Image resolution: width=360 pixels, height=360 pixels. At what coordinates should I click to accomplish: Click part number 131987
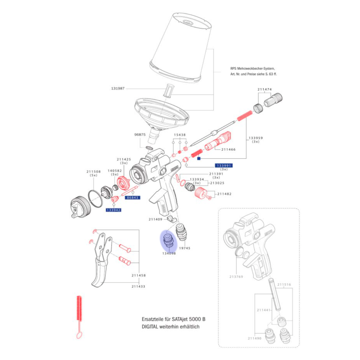click(x=118, y=88)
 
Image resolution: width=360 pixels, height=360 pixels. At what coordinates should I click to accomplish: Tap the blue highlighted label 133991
click(x=224, y=166)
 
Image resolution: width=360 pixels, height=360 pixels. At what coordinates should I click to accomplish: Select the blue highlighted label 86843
click(x=132, y=197)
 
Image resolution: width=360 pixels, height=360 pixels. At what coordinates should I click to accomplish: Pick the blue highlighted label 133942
click(x=113, y=210)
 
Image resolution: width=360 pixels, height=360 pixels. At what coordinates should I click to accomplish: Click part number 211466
click(x=229, y=149)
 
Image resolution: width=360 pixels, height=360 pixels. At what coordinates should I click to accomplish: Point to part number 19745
click(x=184, y=248)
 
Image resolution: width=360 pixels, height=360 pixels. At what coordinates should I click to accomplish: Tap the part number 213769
click(x=236, y=277)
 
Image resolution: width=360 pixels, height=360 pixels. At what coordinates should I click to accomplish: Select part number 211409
click(x=155, y=219)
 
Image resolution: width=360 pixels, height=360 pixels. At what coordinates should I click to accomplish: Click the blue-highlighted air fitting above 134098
click(x=169, y=241)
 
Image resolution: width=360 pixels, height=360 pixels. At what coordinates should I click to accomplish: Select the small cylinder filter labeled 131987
click(x=169, y=91)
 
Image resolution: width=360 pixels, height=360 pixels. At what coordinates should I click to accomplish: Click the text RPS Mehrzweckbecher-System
click(x=253, y=69)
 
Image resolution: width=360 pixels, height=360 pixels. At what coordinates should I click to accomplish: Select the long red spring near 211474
click(x=244, y=116)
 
